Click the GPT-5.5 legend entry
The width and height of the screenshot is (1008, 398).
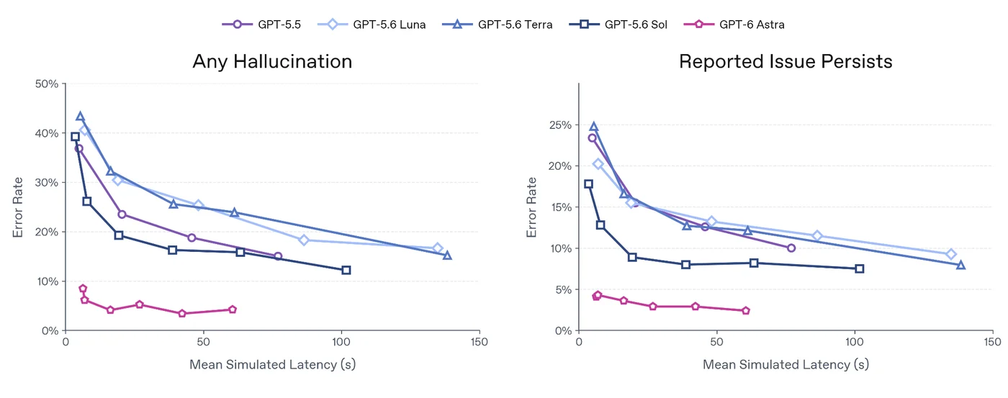261,24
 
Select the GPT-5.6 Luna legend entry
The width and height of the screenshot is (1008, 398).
372,24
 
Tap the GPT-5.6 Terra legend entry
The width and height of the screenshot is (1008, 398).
498,24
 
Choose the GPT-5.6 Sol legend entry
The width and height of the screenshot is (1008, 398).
618,24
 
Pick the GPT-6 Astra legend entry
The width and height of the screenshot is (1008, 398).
734,24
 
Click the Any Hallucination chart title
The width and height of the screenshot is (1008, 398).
272,62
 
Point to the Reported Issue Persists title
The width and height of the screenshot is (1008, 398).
786,62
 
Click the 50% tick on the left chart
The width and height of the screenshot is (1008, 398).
47,84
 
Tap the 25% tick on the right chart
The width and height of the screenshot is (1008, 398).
560,125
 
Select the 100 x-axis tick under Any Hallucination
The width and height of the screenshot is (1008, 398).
341,343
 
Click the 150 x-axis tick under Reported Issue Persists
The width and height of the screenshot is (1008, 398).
992,343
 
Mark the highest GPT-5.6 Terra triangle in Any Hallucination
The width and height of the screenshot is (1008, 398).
80,116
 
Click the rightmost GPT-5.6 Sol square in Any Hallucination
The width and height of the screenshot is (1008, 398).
346,270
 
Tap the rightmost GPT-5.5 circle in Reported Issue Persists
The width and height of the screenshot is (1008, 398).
791,248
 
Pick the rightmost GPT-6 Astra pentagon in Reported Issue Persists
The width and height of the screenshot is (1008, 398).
746,310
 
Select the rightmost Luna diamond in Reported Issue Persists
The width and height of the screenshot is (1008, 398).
951,254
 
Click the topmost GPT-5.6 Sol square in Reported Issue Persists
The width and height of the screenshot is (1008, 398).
589,184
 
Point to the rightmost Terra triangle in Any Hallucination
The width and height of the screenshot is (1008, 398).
447,255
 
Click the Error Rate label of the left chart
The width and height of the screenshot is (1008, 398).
17,207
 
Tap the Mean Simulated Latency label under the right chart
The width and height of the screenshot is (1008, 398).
786,364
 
